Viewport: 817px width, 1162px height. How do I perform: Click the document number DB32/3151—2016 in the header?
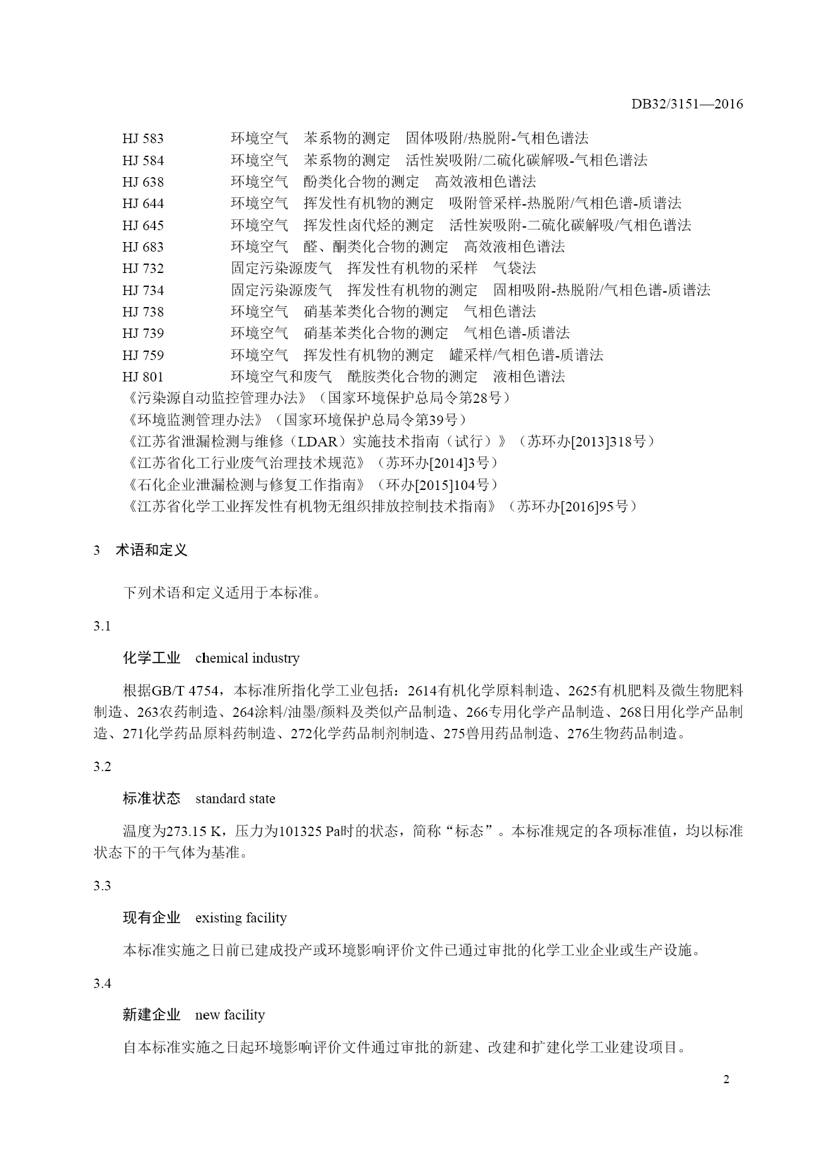[x=687, y=105]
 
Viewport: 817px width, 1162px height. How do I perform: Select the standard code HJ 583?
[x=143, y=139]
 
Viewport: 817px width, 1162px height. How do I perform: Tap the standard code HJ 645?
[x=143, y=225]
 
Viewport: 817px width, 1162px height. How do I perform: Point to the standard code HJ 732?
[x=143, y=269]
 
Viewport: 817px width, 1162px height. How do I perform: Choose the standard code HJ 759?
[x=143, y=355]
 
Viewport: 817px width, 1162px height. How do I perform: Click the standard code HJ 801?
[x=143, y=377]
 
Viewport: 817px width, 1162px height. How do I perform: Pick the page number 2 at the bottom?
[x=726, y=1097]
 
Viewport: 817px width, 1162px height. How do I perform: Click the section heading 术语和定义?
[x=151, y=550]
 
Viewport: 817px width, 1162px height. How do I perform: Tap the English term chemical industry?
[x=247, y=658]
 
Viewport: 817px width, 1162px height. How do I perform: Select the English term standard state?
[x=235, y=799]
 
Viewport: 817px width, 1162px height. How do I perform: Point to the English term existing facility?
[x=241, y=918]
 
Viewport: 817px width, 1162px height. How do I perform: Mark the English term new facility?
[x=229, y=1015]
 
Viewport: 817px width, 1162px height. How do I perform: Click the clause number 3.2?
[x=102, y=767]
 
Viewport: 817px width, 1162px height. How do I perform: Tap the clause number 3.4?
[x=102, y=983]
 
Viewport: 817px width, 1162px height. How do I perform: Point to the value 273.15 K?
[x=193, y=831]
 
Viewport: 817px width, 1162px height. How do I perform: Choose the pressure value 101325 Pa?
[x=308, y=831]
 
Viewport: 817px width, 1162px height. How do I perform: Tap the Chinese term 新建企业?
[x=151, y=1015]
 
